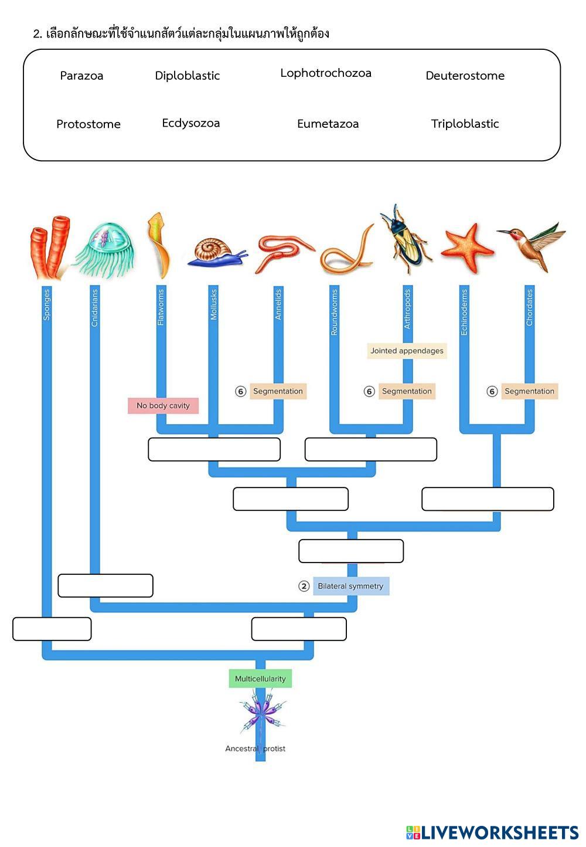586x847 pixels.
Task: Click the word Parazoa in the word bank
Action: pos(81,76)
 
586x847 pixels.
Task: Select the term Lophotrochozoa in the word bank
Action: pos(326,73)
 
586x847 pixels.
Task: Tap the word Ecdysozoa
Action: pos(191,123)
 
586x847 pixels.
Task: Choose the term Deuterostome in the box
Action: pos(465,76)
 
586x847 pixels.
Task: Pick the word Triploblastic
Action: pos(465,124)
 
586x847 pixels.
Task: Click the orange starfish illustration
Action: pos(467,248)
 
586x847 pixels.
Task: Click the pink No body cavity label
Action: pos(163,405)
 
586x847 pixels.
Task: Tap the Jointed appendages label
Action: pos(407,351)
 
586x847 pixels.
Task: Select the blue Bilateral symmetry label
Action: pos(350,586)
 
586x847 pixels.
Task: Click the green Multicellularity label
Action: pos(260,679)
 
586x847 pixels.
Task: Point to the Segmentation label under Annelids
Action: pos(278,391)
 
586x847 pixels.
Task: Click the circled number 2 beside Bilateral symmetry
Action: pos(304,586)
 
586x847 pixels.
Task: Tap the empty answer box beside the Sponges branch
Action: pos(52,629)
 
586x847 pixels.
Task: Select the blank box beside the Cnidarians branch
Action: pos(105,585)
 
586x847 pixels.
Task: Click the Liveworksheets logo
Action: pos(492,832)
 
